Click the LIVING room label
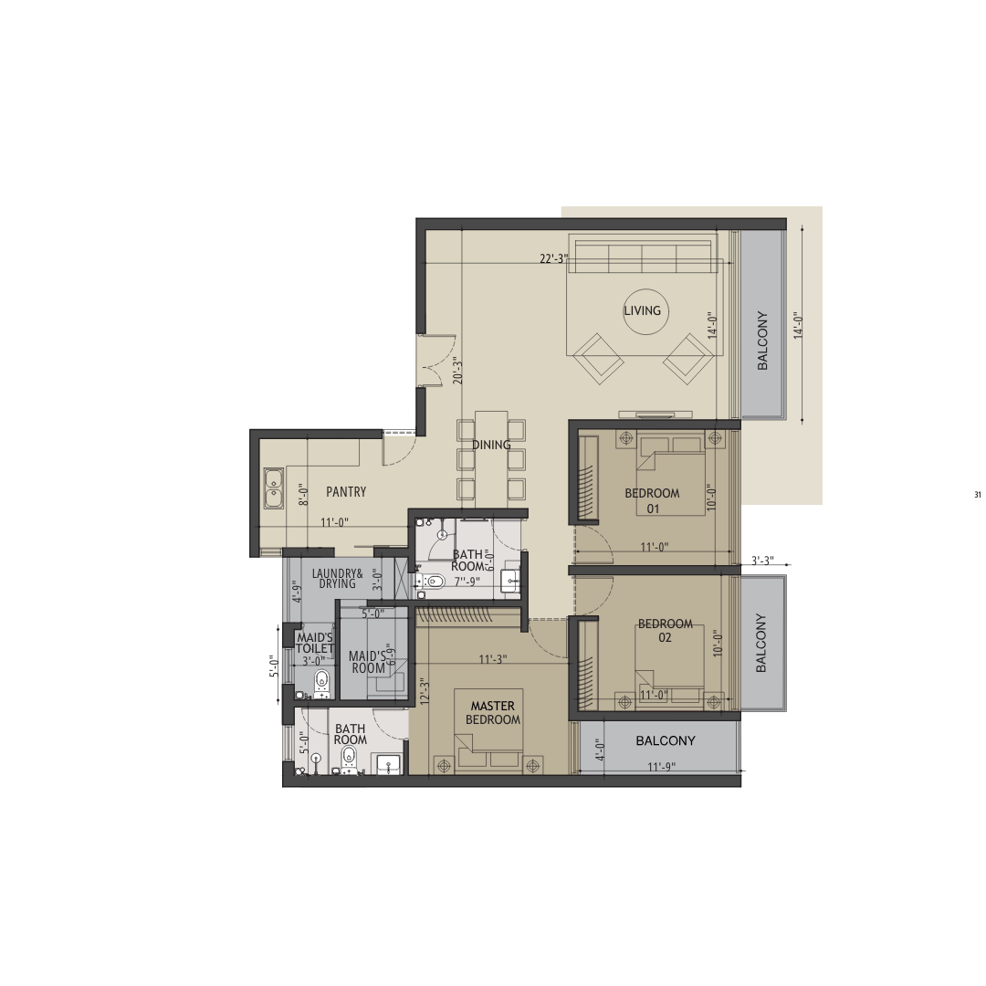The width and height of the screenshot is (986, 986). coord(642,310)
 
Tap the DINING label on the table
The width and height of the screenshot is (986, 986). coord(491,445)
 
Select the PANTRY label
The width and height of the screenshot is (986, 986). coord(346,492)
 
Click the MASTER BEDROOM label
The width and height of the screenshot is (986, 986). coord(493,712)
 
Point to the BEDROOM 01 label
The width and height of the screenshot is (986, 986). coord(652,500)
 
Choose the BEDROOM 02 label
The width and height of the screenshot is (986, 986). coord(666,631)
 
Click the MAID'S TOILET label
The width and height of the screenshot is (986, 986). coord(314,644)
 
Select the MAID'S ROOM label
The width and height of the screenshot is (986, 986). coord(368,662)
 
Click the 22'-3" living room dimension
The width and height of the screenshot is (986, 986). coord(553,258)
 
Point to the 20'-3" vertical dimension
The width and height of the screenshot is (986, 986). coord(457,371)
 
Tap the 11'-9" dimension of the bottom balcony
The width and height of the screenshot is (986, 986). coord(662,767)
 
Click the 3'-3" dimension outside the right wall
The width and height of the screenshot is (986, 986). coord(762,561)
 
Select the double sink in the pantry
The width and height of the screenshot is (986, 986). coord(274,488)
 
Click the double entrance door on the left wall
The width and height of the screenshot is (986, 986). coord(429,361)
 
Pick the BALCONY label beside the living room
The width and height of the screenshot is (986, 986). coord(762,341)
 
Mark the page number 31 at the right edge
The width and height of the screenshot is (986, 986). coord(977,495)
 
